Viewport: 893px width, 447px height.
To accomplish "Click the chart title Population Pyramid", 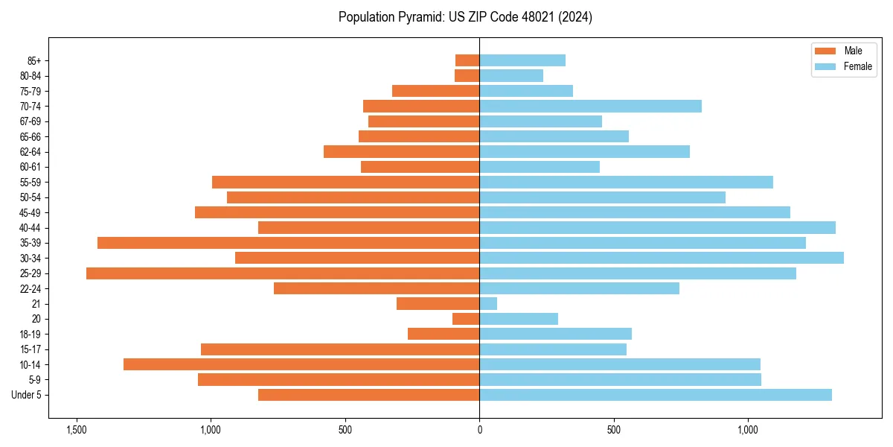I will tap(465, 17).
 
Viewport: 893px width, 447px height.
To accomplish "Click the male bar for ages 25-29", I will tap(283, 273).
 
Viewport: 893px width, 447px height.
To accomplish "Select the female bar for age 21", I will tap(488, 304).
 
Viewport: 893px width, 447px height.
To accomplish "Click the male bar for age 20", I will tap(466, 319).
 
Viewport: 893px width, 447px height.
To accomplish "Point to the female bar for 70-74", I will tap(590, 106).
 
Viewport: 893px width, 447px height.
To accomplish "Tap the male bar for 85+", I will tap(467, 60).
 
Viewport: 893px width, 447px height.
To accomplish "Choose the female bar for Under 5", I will tap(655, 395).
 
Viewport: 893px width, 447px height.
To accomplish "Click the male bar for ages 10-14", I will tap(301, 364).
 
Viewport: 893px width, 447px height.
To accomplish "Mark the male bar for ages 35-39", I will tap(288, 243).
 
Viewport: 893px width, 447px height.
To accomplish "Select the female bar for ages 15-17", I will tap(553, 349).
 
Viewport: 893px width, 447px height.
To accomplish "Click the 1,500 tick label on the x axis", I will tap(76, 430).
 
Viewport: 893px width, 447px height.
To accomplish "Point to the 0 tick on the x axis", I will tap(479, 430).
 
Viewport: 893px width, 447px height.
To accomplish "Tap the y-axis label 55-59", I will tap(31, 183).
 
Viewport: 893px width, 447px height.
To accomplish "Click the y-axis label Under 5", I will tap(27, 395).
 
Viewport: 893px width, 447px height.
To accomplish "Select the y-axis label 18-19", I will tap(31, 335).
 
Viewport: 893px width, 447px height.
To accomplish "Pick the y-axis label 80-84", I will tap(31, 76).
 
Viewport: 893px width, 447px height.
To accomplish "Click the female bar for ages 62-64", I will tap(584, 152).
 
